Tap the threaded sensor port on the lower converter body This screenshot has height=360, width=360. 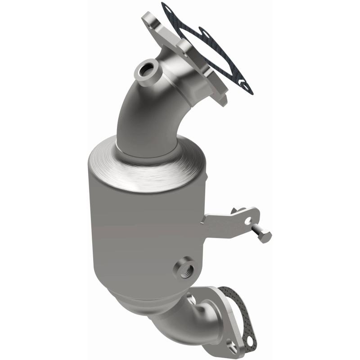click(185, 268)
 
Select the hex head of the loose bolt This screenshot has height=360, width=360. click(265, 236)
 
